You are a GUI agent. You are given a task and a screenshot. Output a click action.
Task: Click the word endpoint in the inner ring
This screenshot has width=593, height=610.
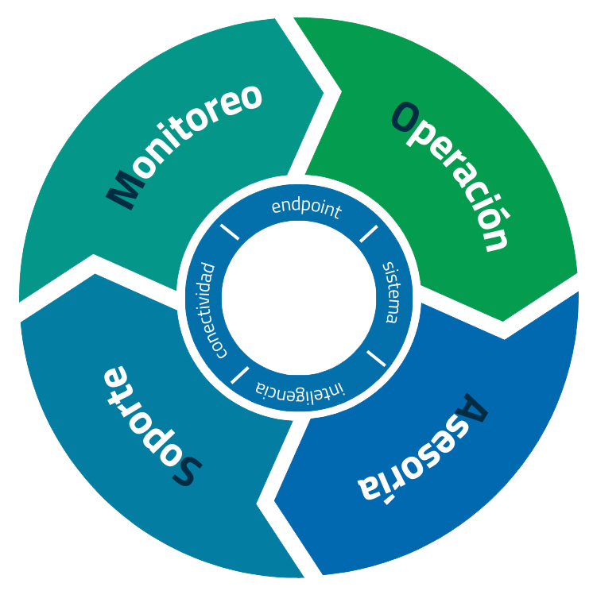click(x=306, y=208)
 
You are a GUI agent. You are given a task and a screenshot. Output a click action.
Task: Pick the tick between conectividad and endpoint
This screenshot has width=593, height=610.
click(x=230, y=233)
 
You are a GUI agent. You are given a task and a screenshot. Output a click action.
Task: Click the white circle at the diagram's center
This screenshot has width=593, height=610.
click(x=298, y=299)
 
